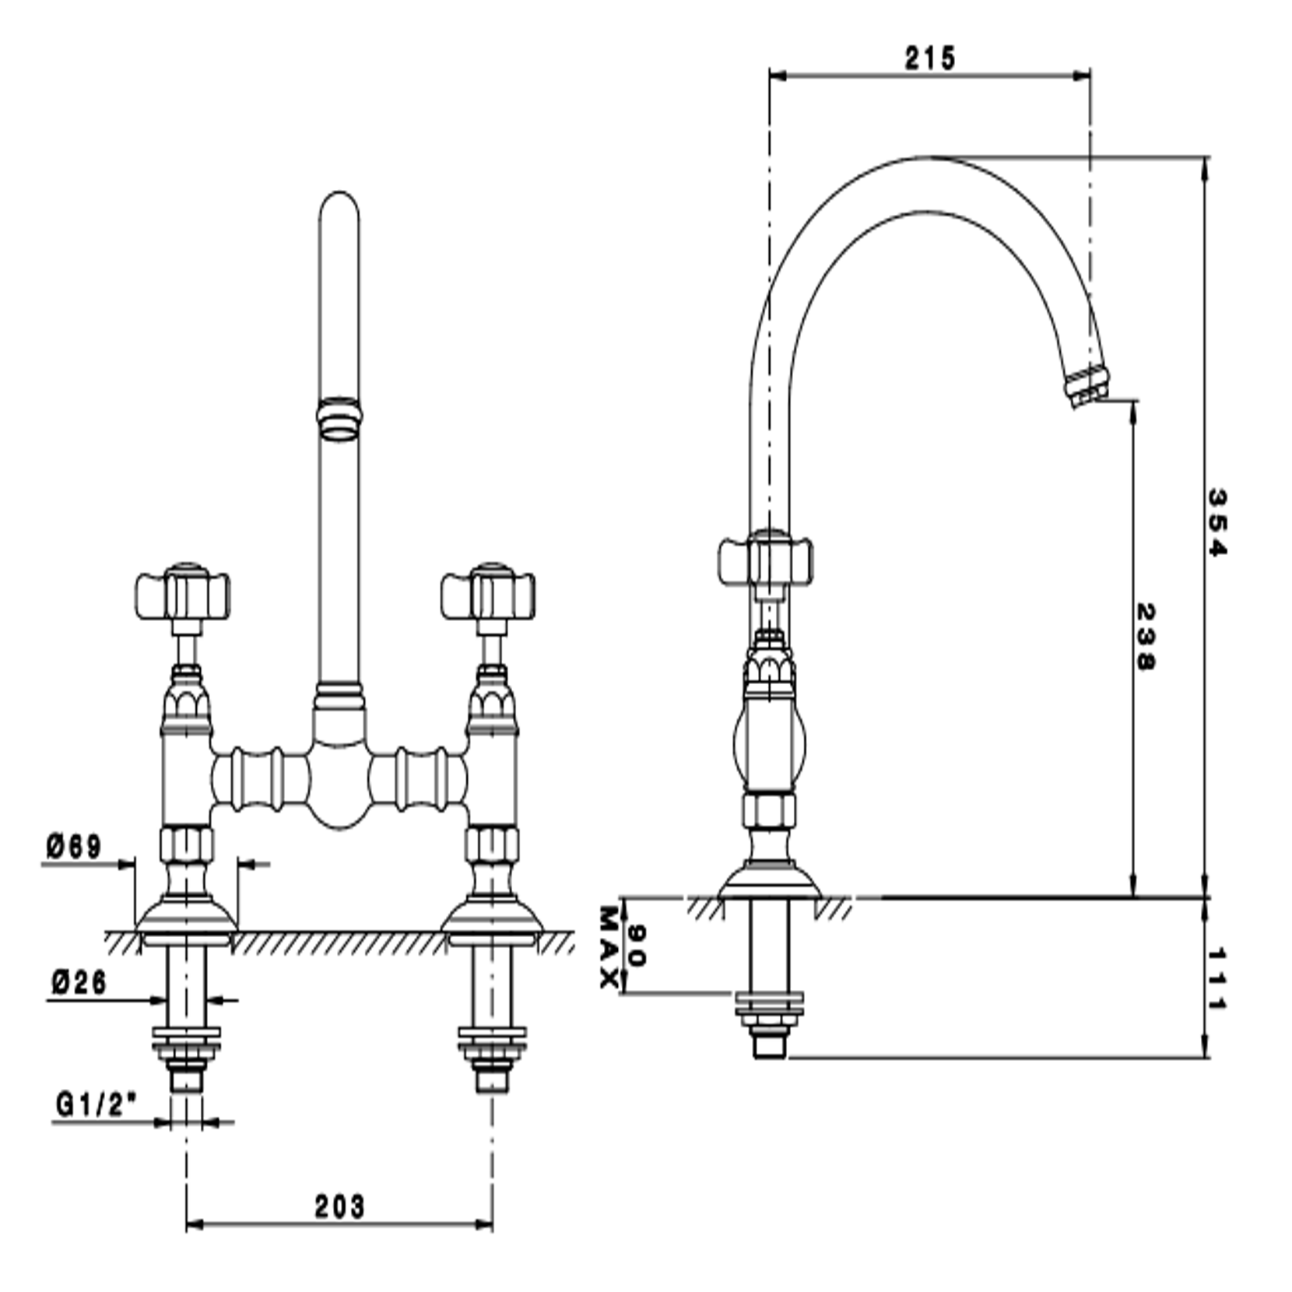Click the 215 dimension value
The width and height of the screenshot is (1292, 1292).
click(x=929, y=58)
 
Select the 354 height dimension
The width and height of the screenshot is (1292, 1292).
click(x=1216, y=522)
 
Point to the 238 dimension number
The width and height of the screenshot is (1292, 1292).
click(x=1145, y=636)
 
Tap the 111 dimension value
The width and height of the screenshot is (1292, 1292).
click(x=1216, y=978)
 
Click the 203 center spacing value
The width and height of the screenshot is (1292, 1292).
click(x=339, y=1206)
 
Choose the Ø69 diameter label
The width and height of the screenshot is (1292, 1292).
click(x=74, y=846)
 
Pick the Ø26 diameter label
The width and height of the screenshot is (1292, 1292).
click(x=79, y=982)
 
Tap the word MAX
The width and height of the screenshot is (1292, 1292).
click(x=610, y=946)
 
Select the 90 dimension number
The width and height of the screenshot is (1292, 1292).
click(x=637, y=945)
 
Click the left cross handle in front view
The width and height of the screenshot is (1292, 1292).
click(x=184, y=595)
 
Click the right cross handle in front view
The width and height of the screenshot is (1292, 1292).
click(x=489, y=595)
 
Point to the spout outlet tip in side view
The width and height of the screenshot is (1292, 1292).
click(x=1088, y=387)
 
